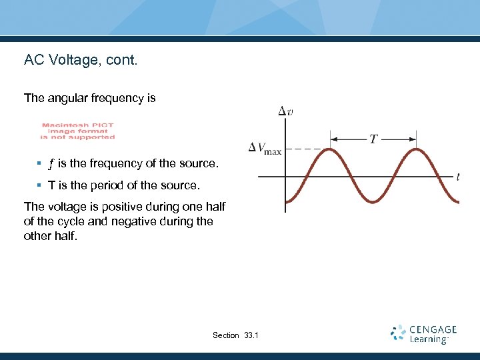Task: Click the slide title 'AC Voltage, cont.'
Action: pos(80,60)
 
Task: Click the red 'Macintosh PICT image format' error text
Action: pos(78,131)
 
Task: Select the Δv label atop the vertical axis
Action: pos(285,111)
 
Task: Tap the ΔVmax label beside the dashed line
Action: pos(265,148)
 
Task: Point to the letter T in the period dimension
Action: pos(374,139)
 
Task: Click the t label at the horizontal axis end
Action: pos(458,177)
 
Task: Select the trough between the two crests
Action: pos(374,201)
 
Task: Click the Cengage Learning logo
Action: pos(424,334)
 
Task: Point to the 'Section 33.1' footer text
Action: pos(235,335)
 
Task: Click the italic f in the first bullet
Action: pos(51,164)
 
